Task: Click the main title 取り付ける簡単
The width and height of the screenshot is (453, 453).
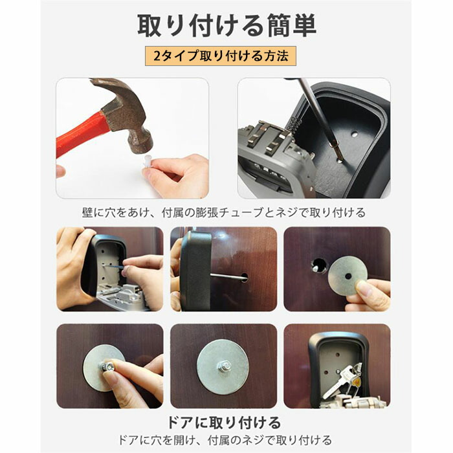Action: tap(226, 26)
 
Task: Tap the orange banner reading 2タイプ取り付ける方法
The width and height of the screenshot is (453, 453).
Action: tap(221, 56)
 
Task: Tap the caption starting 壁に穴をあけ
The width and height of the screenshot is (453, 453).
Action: tap(224, 213)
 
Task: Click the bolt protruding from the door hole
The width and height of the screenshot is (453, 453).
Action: tap(228, 277)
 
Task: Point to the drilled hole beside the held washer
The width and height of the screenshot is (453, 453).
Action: tap(318, 264)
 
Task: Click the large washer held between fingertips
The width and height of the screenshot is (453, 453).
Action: tap(348, 276)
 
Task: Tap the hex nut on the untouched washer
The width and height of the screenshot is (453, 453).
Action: tap(226, 367)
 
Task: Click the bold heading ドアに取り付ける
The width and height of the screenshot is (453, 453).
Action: tap(224, 423)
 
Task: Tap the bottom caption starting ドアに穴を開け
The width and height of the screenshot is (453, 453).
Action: tap(225, 440)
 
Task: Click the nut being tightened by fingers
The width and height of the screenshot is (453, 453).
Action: tap(107, 366)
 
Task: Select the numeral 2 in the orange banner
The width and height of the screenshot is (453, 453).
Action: tap(157, 56)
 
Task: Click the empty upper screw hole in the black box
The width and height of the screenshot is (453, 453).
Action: tap(355, 135)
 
